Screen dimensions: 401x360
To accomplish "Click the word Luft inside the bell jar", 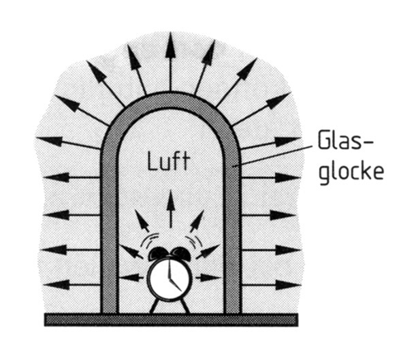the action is (x=169, y=161).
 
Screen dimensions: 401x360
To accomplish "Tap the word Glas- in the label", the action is (x=345, y=140).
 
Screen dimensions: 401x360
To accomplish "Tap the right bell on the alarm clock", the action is (x=180, y=254).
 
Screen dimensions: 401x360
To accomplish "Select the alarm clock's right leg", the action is (x=185, y=306).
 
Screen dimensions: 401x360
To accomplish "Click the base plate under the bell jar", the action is (x=171, y=320).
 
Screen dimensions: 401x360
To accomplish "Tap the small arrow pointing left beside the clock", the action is (x=132, y=278).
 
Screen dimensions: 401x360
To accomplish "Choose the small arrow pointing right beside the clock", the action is (x=208, y=278).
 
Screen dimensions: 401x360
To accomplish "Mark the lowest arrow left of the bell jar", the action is (x=72, y=284).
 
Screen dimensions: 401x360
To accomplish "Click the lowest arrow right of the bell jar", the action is (x=270, y=284).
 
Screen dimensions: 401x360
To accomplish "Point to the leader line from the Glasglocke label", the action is (x=272, y=157).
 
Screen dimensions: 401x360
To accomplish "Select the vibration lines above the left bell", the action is (x=150, y=240).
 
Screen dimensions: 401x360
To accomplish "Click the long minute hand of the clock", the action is (x=169, y=270).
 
